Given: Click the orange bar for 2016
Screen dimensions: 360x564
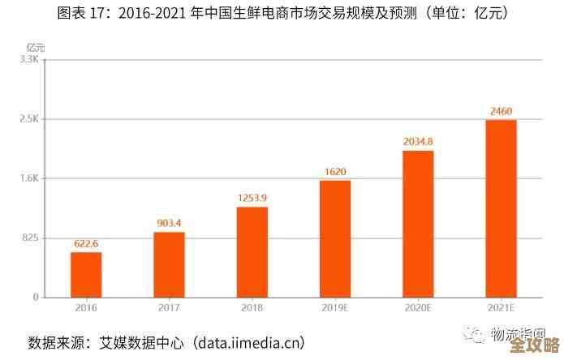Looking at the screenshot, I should pos(86,274).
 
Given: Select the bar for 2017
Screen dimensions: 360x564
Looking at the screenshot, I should pos(169,264).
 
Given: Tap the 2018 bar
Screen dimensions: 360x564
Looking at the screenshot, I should pos(252,251).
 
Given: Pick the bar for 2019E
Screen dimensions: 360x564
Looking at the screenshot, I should pos(335,238).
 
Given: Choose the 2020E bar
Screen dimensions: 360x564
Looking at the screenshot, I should pos(418,224).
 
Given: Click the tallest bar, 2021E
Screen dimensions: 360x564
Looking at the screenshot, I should pos(501,208).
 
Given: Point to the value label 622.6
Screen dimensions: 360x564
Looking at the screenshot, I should pos(86,242).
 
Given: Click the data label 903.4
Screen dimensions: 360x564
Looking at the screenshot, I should pos(169,223).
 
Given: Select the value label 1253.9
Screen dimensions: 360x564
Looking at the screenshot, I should pos(252,197).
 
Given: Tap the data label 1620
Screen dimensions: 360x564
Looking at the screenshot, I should pos(335,171).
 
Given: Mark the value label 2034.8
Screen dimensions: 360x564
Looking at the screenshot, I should pos(418,141).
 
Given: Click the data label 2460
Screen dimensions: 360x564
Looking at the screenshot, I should pos(501,111).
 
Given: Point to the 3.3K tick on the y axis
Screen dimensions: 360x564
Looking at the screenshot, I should pos(29,59).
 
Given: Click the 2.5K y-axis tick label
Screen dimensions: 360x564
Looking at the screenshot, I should pos(29,119).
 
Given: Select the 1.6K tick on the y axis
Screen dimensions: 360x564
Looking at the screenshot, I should pos(29,178).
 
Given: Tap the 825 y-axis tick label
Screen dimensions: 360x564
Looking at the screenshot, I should pos(30,238).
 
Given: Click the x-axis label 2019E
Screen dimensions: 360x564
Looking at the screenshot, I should pos(335,308).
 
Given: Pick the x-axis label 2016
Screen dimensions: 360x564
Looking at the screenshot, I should pos(86,308).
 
